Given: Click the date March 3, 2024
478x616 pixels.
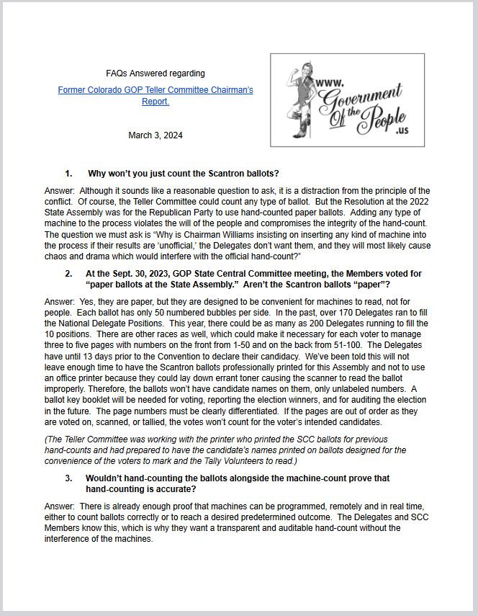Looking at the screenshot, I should (155, 135).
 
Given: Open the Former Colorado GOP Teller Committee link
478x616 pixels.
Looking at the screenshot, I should (155, 91).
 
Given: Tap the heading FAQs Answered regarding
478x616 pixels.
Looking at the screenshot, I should (155, 73).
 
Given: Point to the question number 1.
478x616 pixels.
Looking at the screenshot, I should (68, 174).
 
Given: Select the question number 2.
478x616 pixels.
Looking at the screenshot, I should (68, 274).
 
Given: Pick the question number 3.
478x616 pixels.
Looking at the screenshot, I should (68, 478).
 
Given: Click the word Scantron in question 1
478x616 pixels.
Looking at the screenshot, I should (210, 174).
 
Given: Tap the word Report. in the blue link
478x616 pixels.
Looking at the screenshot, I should (155, 102).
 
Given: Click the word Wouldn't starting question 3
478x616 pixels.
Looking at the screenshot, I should (106, 478).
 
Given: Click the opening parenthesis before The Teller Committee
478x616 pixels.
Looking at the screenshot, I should (45, 439).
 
